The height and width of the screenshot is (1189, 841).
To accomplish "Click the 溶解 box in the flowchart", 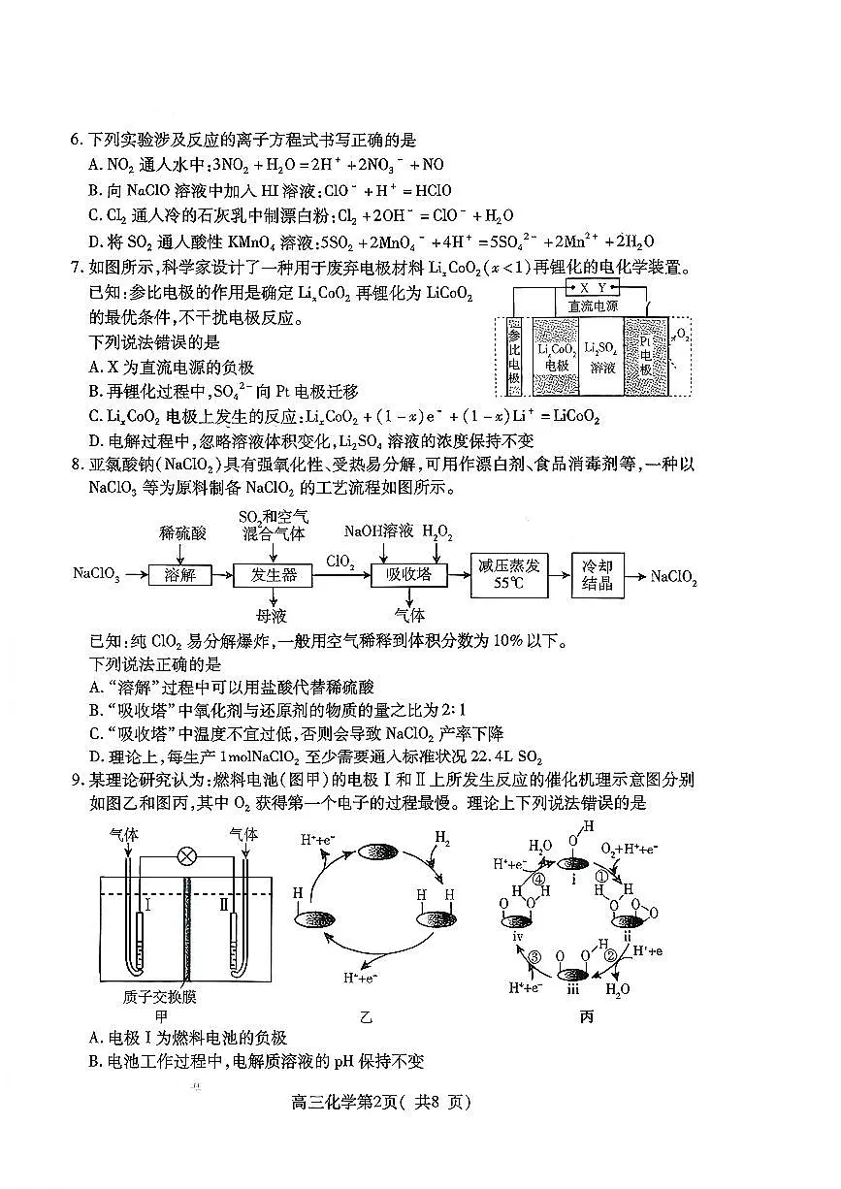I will (180, 575).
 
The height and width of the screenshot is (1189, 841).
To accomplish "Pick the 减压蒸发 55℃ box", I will (509, 575).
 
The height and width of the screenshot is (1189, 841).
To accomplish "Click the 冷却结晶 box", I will (598, 575).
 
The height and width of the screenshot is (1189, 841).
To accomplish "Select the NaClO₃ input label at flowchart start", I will (96, 575).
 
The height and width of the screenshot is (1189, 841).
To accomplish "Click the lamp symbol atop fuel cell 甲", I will (182, 857).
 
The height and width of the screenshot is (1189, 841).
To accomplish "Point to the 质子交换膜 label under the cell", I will (161, 996).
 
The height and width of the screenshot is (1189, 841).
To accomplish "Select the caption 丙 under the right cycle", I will (586, 1015).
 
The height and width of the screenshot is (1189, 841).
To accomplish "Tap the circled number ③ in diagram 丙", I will (534, 958).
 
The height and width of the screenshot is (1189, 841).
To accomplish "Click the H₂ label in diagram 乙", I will (442, 837).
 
